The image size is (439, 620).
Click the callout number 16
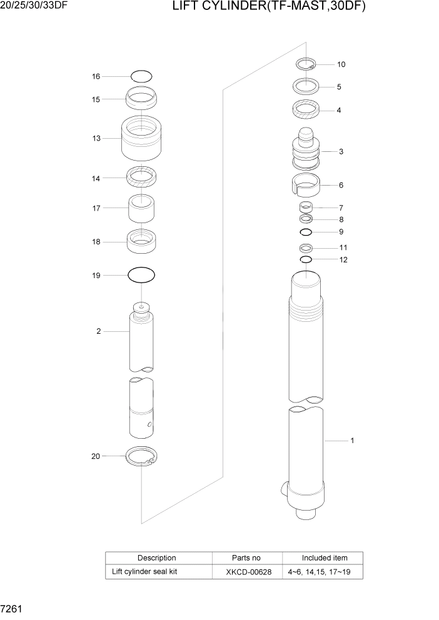[96, 76]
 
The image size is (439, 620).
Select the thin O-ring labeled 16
[141, 76]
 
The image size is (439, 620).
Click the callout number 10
[341, 64]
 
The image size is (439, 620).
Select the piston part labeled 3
[306, 151]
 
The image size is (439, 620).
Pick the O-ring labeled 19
[141, 274]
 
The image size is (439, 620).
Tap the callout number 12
[343, 259]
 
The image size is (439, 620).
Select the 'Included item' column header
[324, 557]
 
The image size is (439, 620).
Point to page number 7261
[13, 608]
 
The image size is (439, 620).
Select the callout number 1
[352, 441]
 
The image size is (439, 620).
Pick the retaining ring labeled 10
[306, 62]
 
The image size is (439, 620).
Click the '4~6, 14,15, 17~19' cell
[323, 572]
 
